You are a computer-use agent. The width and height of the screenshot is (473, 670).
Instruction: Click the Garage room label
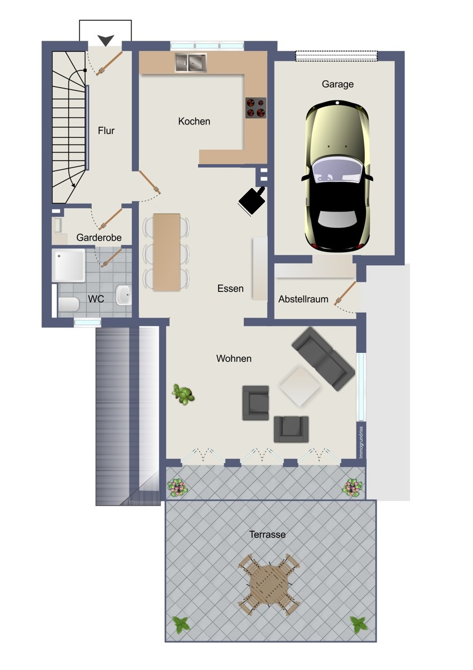tap(337, 84)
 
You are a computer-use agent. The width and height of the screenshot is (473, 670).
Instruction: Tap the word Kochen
tap(194, 121)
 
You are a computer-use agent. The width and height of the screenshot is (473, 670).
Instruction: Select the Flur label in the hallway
tap(106, 131)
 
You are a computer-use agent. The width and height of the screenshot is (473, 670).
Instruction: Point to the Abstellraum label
tap(303, 299)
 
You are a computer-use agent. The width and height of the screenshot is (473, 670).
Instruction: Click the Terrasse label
tap(267, 534)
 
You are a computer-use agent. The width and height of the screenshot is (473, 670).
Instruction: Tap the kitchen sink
tap(191, 63)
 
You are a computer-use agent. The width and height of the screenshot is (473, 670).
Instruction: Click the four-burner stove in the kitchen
tap(256, 108)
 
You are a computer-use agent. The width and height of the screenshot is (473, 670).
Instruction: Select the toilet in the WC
tap(69, 304)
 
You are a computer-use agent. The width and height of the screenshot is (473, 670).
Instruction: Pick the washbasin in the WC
tap(123, 295)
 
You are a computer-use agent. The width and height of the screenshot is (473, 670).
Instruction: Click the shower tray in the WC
tap(69, 265)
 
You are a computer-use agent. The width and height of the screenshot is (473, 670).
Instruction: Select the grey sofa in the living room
tap(324, 358)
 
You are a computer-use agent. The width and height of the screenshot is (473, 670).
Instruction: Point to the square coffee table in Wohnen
tap(300, 386)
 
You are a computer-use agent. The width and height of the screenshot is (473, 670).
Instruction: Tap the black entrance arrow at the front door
tap(106, 40)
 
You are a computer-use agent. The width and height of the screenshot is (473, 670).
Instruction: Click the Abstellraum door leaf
tap(346, 292)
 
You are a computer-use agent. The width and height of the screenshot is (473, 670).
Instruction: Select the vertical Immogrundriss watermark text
tap(361, 443)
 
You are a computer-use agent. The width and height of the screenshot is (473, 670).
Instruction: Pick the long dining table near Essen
tap(167, 252)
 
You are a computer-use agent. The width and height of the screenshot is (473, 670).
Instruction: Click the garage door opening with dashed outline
tap(336, 56)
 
